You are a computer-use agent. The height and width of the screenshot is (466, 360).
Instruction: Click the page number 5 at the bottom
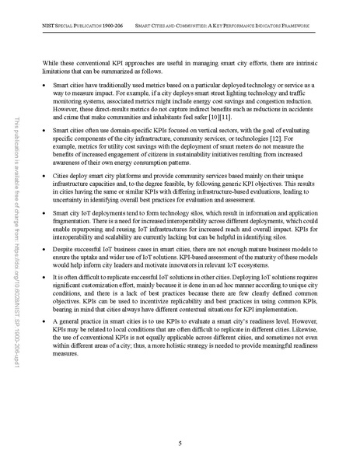[180, 442]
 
